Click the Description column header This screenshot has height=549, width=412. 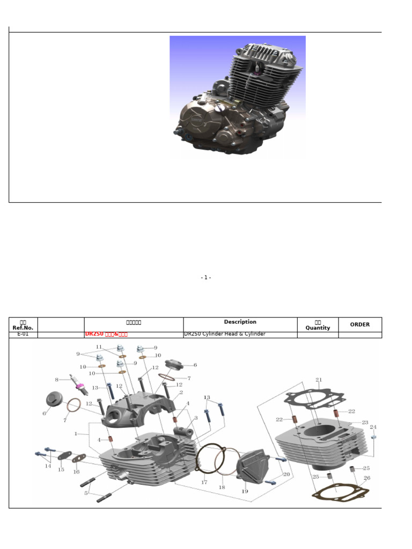(240, 322)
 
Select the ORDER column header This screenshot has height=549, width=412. (359, 324)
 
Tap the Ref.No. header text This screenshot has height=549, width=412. (23, 328)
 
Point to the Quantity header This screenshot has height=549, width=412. (318, 328)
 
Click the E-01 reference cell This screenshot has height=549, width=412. (23, 335)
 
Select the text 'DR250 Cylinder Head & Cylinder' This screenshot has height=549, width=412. (224, 335)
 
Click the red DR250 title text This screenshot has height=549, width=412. (106, 335)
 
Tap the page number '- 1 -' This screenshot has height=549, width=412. (206, 278)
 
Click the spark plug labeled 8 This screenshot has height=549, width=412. (78, 383)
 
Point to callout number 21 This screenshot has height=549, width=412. (319, 380)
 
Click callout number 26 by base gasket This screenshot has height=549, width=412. (367, 478)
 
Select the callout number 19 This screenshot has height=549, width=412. (245, 491)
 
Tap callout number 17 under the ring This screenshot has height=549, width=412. (204, 483)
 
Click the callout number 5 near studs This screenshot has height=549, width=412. (86, 493)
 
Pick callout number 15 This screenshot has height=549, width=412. (61, 470)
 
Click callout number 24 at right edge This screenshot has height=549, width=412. (373, 427)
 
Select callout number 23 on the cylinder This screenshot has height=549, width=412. (365, 422)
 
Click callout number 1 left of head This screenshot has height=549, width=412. (76, 433)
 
